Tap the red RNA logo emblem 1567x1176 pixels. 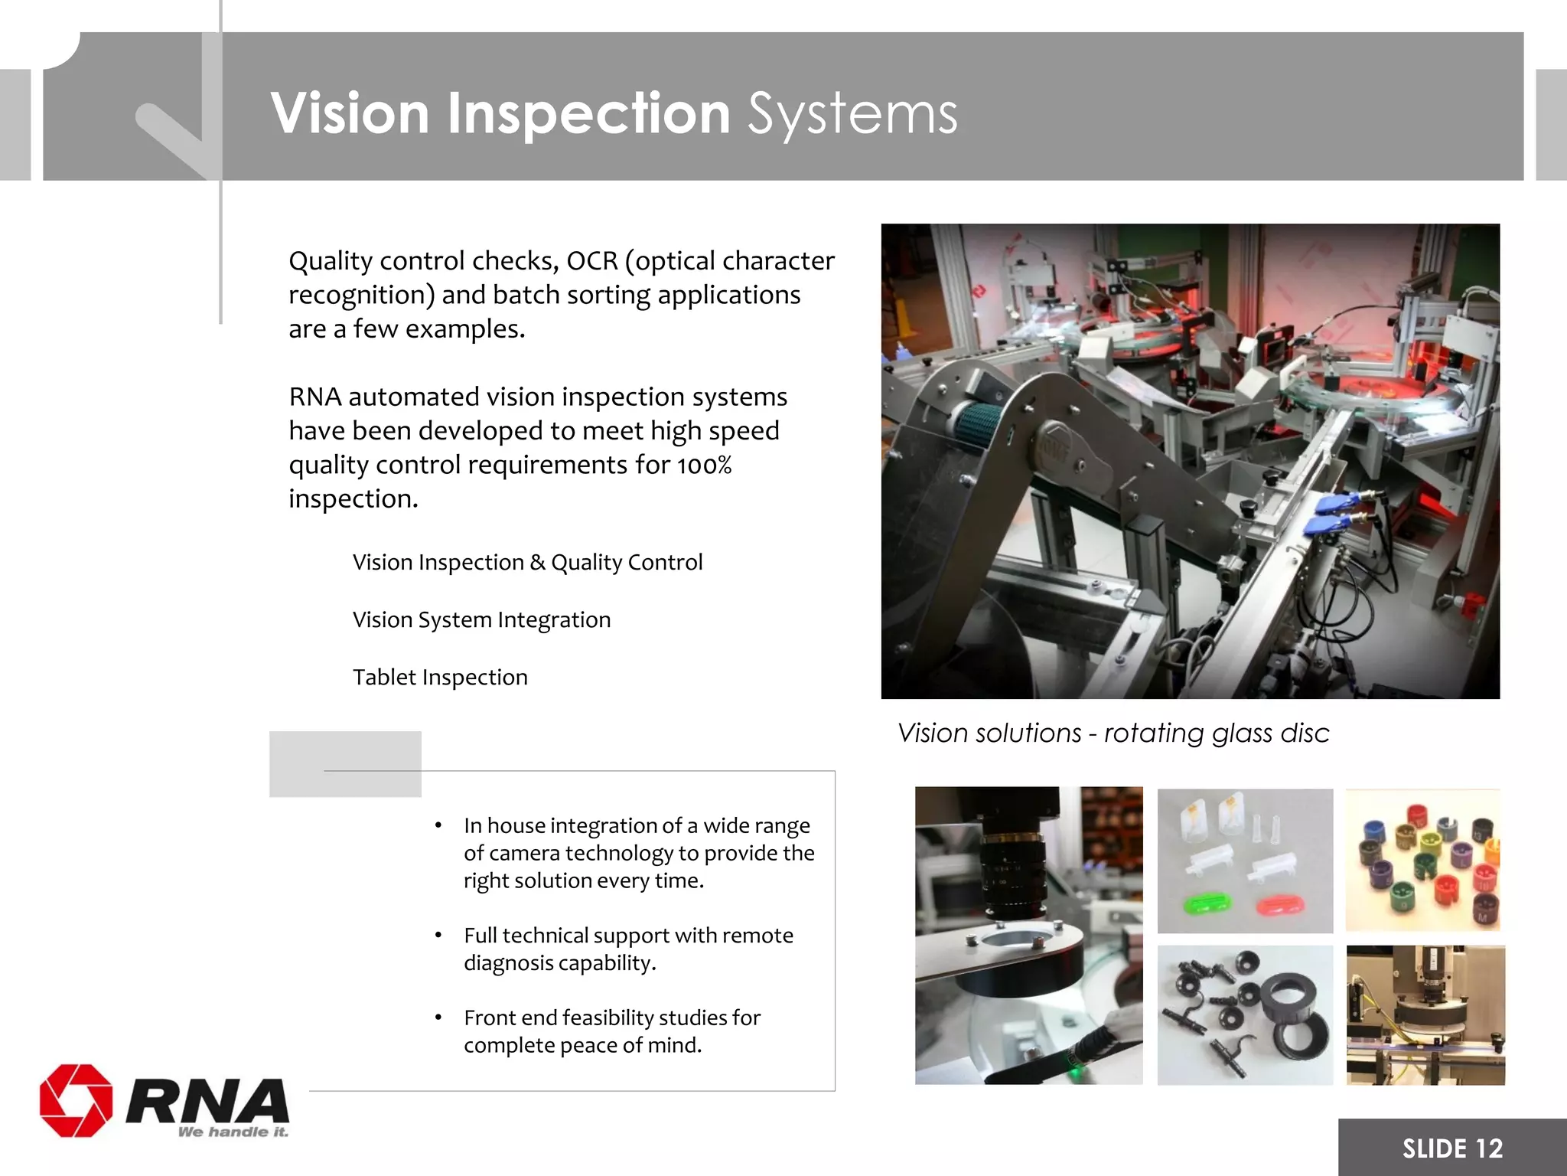[x=76, y=1100]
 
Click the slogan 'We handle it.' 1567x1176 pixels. [x=233, y=1132]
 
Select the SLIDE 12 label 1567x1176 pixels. [x=1451, y=1148]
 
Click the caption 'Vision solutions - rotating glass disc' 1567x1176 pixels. [x=1113, y=733]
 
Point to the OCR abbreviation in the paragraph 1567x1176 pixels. [x=591, y=261]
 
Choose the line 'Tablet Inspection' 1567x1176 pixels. [x=440, y=678]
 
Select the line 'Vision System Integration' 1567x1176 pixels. [x=481, y=620]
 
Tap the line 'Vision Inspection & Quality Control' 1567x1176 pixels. [x=527, y=563]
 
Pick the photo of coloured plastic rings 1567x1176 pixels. [x=1422, y=861]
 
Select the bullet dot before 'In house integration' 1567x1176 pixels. [x=438, y=826]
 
